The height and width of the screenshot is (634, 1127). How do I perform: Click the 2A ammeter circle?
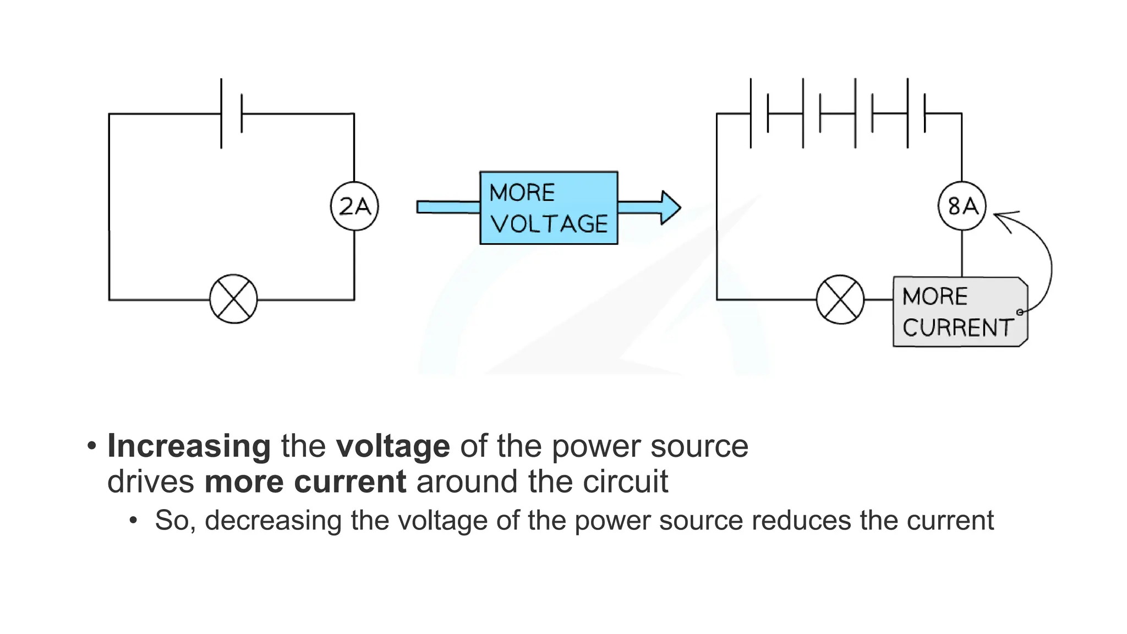354,206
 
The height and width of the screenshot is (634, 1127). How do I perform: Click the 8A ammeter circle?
962,206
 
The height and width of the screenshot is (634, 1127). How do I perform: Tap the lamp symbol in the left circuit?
233,299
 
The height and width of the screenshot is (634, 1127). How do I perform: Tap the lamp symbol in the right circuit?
840,299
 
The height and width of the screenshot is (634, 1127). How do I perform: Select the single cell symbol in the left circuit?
231,113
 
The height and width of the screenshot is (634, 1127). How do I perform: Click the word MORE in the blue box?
522,193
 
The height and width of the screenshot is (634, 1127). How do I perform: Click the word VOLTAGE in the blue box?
549,224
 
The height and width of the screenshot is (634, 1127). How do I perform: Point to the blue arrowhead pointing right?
670,207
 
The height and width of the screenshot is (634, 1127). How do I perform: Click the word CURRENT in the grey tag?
958,327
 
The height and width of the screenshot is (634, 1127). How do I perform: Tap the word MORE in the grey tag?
935,297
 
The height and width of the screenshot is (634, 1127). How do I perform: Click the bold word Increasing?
189,446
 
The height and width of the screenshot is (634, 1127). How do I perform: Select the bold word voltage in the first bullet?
393,446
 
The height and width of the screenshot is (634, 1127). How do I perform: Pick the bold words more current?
305,482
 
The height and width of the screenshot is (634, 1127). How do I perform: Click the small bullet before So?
133,520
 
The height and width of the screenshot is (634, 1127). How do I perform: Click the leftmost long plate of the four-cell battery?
751,113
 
